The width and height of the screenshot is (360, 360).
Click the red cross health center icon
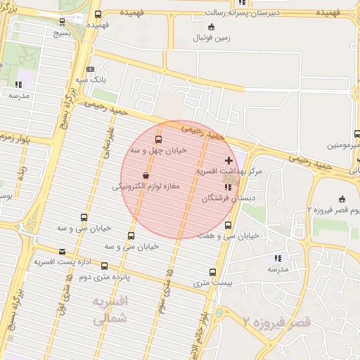[229, 161]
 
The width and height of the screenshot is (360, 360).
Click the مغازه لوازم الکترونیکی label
[146, 187]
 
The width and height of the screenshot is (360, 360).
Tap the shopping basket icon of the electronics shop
[146, 176]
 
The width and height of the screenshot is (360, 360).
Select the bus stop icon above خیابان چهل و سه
[157, 139]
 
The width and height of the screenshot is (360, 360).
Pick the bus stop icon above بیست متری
[212, 272]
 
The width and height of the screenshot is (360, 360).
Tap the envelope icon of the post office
[63, 251]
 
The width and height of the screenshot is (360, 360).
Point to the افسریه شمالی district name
[110, 309]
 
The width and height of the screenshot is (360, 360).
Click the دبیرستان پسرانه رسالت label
[243, 13]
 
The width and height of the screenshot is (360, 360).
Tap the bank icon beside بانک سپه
[90, 70]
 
